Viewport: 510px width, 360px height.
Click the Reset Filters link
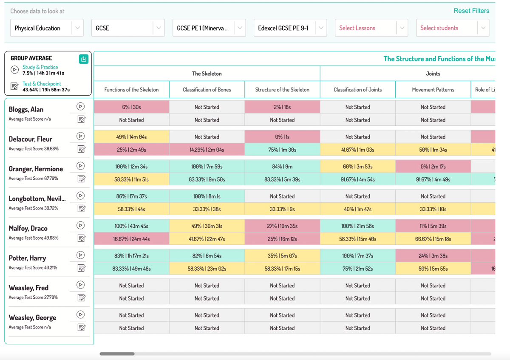(471, 11)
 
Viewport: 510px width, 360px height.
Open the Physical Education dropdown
(47, 28)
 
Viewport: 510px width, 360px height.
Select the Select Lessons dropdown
(371, 28)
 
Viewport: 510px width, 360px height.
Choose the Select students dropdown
(453, 28)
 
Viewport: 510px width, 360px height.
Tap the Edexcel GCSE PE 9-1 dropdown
(290, 28)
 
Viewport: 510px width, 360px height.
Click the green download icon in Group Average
(84, 59)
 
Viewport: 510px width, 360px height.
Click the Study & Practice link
(40, 67)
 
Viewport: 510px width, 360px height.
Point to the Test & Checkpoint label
(42, 84)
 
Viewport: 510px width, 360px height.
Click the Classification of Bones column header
(207, 90)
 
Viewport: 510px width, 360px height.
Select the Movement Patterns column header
(433, 90)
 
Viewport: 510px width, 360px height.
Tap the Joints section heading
(433, 74)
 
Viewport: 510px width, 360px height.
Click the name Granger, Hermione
(36, 169)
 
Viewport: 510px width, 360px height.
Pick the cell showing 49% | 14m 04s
(131, 137)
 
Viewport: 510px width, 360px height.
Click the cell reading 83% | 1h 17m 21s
(131, 256)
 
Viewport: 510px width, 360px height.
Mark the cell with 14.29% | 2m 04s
(207, 150)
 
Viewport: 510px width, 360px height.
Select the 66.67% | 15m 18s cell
(433, 239)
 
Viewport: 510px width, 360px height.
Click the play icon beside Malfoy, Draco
(80, 225)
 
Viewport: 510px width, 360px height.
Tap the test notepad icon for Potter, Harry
(81, 268)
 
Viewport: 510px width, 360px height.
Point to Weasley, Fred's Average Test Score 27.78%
(33, 298)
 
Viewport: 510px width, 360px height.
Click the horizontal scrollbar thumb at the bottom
(117, 354)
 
